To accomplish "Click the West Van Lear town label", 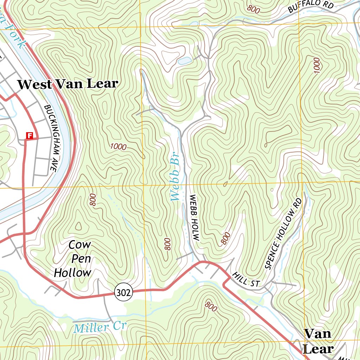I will pos(68,84).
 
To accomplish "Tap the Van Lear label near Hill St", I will pos(318,341).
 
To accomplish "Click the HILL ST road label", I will pos(245,280).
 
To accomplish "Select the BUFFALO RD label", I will pos(310,6).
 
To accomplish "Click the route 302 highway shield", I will pos(123,291).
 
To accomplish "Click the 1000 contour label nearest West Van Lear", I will pos(118,147).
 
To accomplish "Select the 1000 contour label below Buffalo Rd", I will pos(317,65).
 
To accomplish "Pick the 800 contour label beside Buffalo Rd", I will pos(253,9).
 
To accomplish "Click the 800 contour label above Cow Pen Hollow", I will pos(93,199).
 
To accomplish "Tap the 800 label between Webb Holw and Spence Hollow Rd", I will pos(226,238).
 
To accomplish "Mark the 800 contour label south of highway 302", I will pos(210,306).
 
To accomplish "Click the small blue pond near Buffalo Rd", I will pos(185,60).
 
